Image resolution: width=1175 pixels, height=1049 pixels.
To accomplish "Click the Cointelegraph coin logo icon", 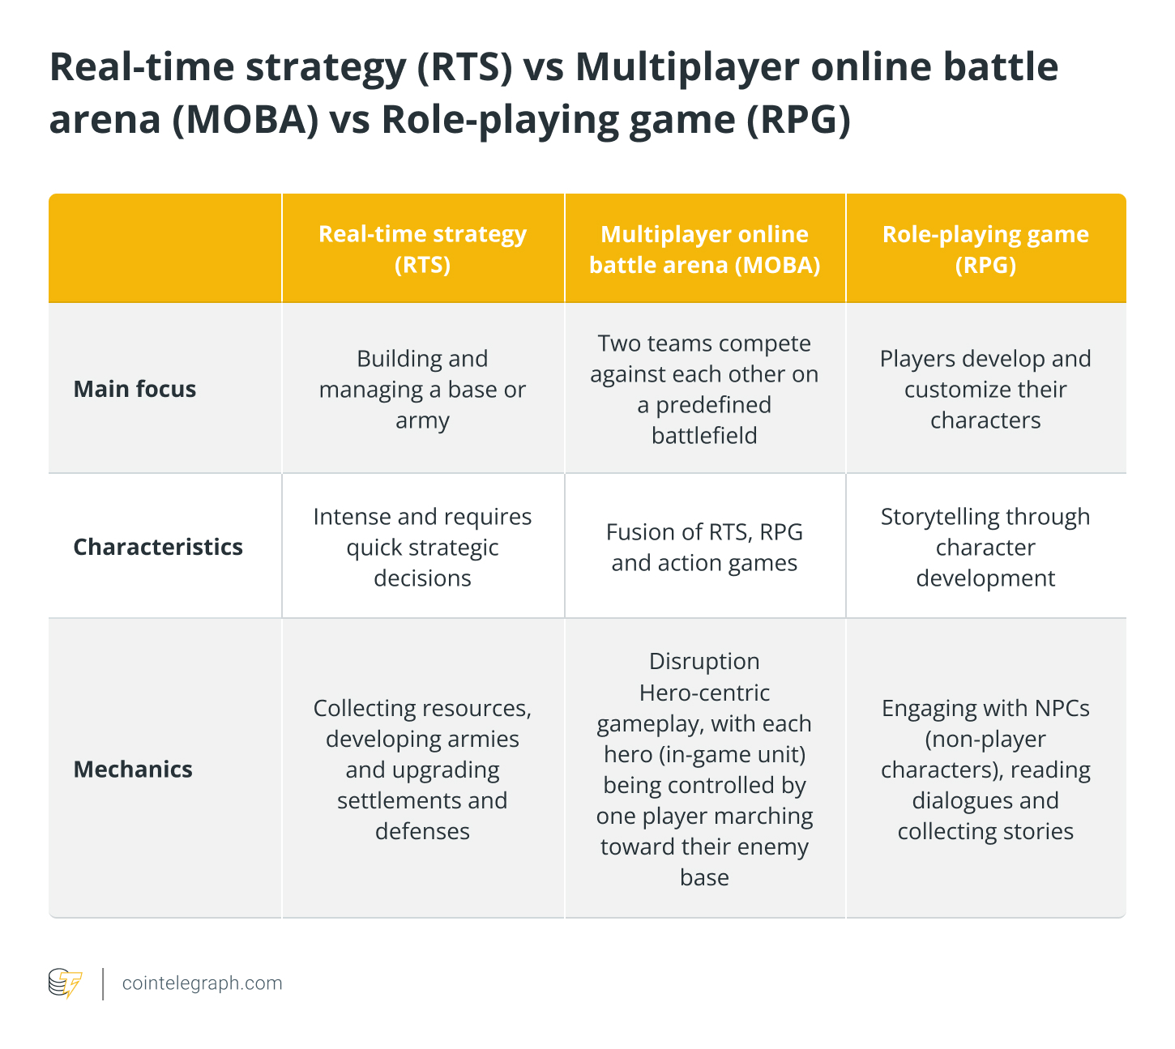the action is (65, 983).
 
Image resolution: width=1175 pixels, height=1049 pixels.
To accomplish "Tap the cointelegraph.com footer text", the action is (202, 983).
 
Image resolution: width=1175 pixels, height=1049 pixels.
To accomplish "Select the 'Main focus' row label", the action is (135, 389).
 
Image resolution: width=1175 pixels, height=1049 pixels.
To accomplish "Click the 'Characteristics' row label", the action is (158, 547).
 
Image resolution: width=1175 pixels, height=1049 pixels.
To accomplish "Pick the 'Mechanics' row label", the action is (133, 769).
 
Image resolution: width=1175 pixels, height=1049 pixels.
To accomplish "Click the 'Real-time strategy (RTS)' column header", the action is (422, 249).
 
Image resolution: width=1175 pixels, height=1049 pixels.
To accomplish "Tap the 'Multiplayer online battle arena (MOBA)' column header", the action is (705, 249).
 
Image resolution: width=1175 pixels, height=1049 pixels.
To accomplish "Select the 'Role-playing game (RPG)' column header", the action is (985, 249).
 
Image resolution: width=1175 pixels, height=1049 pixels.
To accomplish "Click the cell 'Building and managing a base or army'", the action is (422, 389).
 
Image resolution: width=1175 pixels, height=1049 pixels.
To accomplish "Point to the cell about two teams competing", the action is (705, 389).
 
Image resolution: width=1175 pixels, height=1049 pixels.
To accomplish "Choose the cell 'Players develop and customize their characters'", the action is (985, 389).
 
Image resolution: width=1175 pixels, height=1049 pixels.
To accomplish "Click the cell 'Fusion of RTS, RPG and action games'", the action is (705, 547).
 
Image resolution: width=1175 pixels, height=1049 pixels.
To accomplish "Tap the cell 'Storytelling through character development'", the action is (985, 547).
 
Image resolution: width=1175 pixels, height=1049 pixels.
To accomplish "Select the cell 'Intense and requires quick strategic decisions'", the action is (422, 547).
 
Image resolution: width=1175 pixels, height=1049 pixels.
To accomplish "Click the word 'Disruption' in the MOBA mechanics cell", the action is (704, 661).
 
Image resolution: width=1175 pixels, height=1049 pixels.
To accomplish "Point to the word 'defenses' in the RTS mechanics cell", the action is (422, 831).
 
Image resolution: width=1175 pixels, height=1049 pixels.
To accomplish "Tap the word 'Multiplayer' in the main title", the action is (687, 68).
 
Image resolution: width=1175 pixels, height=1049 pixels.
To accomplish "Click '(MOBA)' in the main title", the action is (246, 119).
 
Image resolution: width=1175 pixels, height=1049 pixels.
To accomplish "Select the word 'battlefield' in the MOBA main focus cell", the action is (704, 436).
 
